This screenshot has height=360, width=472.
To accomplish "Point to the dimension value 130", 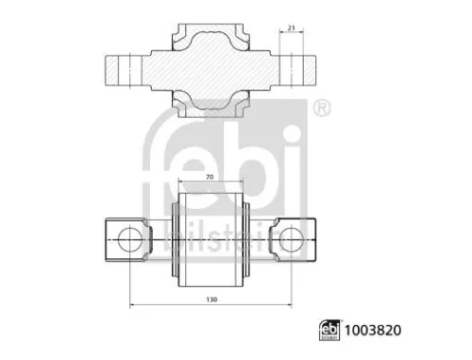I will tap(211, 299).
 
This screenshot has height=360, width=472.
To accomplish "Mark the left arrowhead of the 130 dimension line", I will tap(132, 304).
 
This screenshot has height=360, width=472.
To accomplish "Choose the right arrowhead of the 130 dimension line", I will tap(288, 304).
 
